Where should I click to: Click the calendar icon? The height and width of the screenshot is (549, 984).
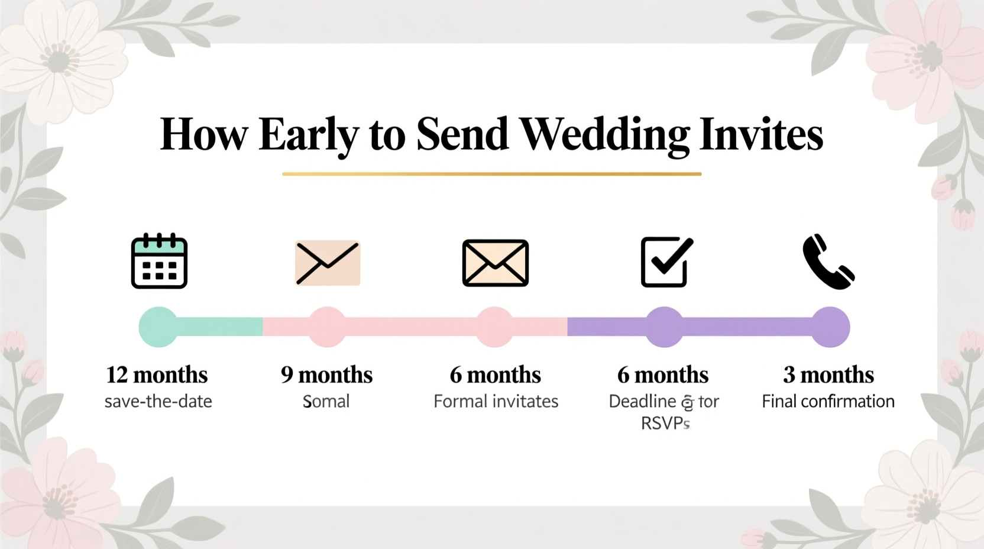(159, 261)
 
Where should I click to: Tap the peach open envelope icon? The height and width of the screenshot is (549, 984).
(328, 263)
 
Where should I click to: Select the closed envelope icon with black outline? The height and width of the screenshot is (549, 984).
(496, 263)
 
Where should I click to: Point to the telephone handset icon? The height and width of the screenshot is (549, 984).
(828, 262)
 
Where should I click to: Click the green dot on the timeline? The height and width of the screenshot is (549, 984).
(158, 327)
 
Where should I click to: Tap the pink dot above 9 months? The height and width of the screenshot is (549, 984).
(327, 327)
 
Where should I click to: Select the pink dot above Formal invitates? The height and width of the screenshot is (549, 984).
(495, 327)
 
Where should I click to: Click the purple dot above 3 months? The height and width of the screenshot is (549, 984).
(830, 327)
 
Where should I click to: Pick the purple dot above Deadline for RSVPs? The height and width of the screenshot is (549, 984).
(664, 327)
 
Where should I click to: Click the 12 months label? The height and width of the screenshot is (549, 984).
(157, 374)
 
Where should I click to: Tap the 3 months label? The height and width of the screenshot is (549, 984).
(828, 374)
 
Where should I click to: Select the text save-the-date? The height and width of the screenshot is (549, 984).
(158, 401)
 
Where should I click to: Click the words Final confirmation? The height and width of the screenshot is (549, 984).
(828, 401)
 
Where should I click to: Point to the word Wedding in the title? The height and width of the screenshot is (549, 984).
(605, 134)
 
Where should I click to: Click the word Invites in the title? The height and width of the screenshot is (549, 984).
(761, 134)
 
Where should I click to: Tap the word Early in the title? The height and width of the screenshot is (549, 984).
(308, 134)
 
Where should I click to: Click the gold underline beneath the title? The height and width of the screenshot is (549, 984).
(491, 174)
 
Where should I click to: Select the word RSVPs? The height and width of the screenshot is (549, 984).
(665, 423)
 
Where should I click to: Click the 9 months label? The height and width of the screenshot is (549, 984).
(326, 374)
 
